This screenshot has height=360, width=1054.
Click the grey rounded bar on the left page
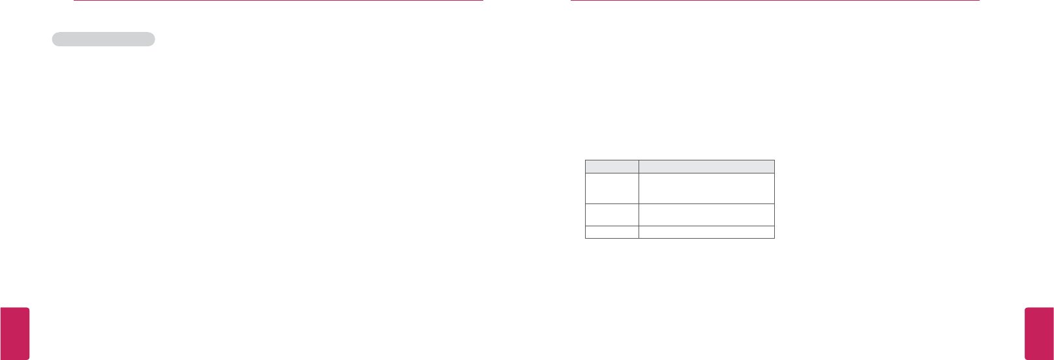tap(103, 39)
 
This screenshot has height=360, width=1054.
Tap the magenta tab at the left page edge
tap(14, 333)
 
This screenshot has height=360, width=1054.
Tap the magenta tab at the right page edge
tap(1039, 333)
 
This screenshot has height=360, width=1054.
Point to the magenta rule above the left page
tap(278, 1)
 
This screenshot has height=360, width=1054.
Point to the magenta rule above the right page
tap(775, 1)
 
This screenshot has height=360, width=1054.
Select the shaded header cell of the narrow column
tap(612, 166)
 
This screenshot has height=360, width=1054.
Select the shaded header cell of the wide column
tap(706, 166)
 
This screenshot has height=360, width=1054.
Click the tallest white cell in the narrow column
tap(612, 188)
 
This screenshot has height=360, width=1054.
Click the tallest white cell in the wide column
tap(706, 188)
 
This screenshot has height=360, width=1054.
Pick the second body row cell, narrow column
tap(612, 215)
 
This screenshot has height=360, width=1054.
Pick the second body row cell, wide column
tap(706, 215)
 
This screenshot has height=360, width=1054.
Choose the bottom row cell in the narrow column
tap(612, 232)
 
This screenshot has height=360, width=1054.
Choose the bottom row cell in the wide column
tap(706, 232)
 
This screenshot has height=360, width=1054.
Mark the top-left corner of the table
tap(586, 160)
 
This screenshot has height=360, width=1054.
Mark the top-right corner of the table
tap(774, 160)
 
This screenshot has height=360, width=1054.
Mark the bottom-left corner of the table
tap(586, 238)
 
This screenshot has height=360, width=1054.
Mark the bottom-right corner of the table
tap(774, 238)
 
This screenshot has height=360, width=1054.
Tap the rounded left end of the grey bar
tap(55, 39)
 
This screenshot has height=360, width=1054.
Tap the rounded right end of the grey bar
tap(152, 39)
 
